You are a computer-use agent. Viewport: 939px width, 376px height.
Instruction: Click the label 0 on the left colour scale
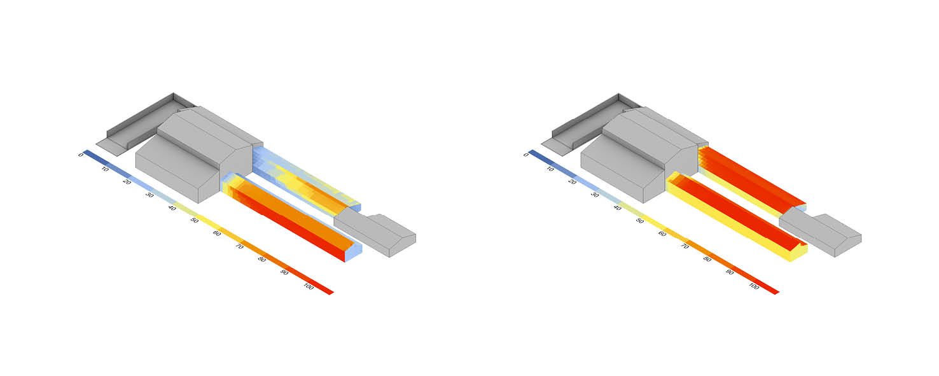click(81, 155)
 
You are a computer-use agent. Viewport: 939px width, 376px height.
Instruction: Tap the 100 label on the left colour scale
click(309, 287)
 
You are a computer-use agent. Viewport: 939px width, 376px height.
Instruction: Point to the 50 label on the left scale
click(195, 220)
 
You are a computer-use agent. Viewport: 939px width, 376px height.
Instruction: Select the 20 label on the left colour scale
click(127, 181)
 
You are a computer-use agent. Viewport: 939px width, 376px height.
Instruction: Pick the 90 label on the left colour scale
click(284, 272)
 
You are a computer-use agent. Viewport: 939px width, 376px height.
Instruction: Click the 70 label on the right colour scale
click(685, 246)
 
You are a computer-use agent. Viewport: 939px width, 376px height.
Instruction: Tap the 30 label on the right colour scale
click(594, 195)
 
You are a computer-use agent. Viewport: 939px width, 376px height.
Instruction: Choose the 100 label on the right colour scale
click(754, 286)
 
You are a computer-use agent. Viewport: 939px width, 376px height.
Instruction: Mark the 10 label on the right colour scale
click(550, 169)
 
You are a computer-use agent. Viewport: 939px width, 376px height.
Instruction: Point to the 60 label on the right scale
click(662, 233)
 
